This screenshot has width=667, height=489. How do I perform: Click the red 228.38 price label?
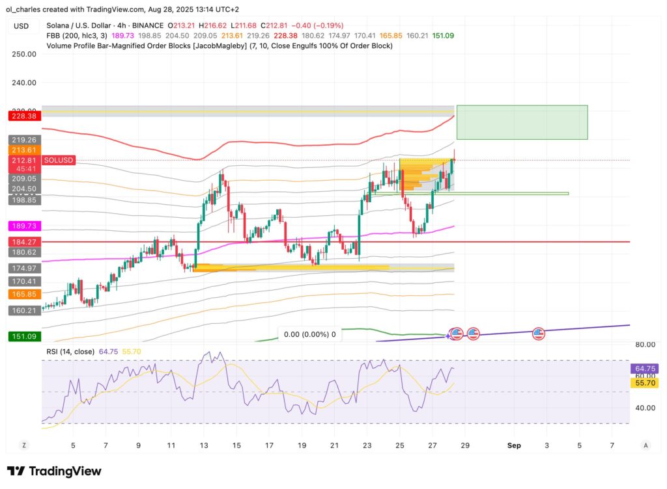23,116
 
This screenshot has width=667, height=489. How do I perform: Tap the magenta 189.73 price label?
23,226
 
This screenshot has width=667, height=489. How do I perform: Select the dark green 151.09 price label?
23,336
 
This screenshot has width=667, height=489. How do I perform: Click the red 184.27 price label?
23,242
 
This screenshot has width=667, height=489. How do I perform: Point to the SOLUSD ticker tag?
59,160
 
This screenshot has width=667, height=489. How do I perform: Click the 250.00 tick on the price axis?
23,54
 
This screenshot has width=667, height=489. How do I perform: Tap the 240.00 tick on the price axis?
23,83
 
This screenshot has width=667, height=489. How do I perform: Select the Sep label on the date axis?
514,445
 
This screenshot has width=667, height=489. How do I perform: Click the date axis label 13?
203,445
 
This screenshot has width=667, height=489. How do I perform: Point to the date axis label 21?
333,445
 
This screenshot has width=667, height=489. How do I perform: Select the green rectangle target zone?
522,122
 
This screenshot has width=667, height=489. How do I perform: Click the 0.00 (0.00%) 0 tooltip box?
309,334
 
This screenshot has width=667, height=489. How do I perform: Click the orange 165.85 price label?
23,294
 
